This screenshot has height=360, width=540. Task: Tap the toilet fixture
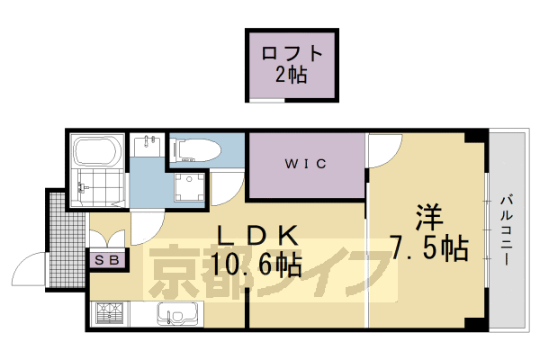click(193, 151)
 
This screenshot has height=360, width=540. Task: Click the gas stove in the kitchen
click(110, 316)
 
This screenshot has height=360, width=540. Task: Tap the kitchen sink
click(176, 316)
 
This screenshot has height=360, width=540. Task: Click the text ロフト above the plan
click(292, 53)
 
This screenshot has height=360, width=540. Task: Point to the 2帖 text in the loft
click(292, 76)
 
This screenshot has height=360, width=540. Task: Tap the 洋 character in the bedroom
click(428, 220)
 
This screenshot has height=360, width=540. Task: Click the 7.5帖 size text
click(428, 249)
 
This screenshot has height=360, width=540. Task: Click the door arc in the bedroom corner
click(381, 151)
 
